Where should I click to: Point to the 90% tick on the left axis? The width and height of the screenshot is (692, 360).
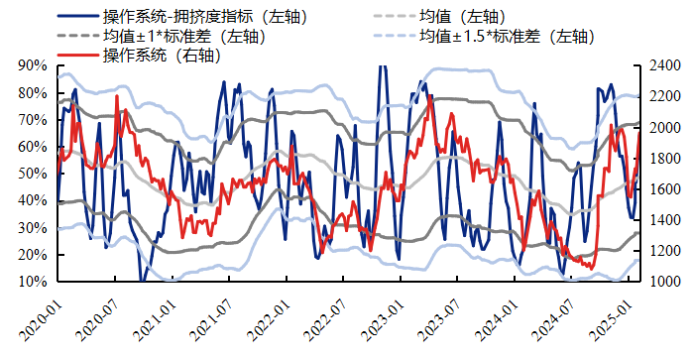(33, 65)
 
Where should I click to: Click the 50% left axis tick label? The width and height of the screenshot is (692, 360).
(33, 174)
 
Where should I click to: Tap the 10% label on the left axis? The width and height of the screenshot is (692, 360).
(33, 282)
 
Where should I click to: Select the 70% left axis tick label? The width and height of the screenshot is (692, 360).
(33, 120)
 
